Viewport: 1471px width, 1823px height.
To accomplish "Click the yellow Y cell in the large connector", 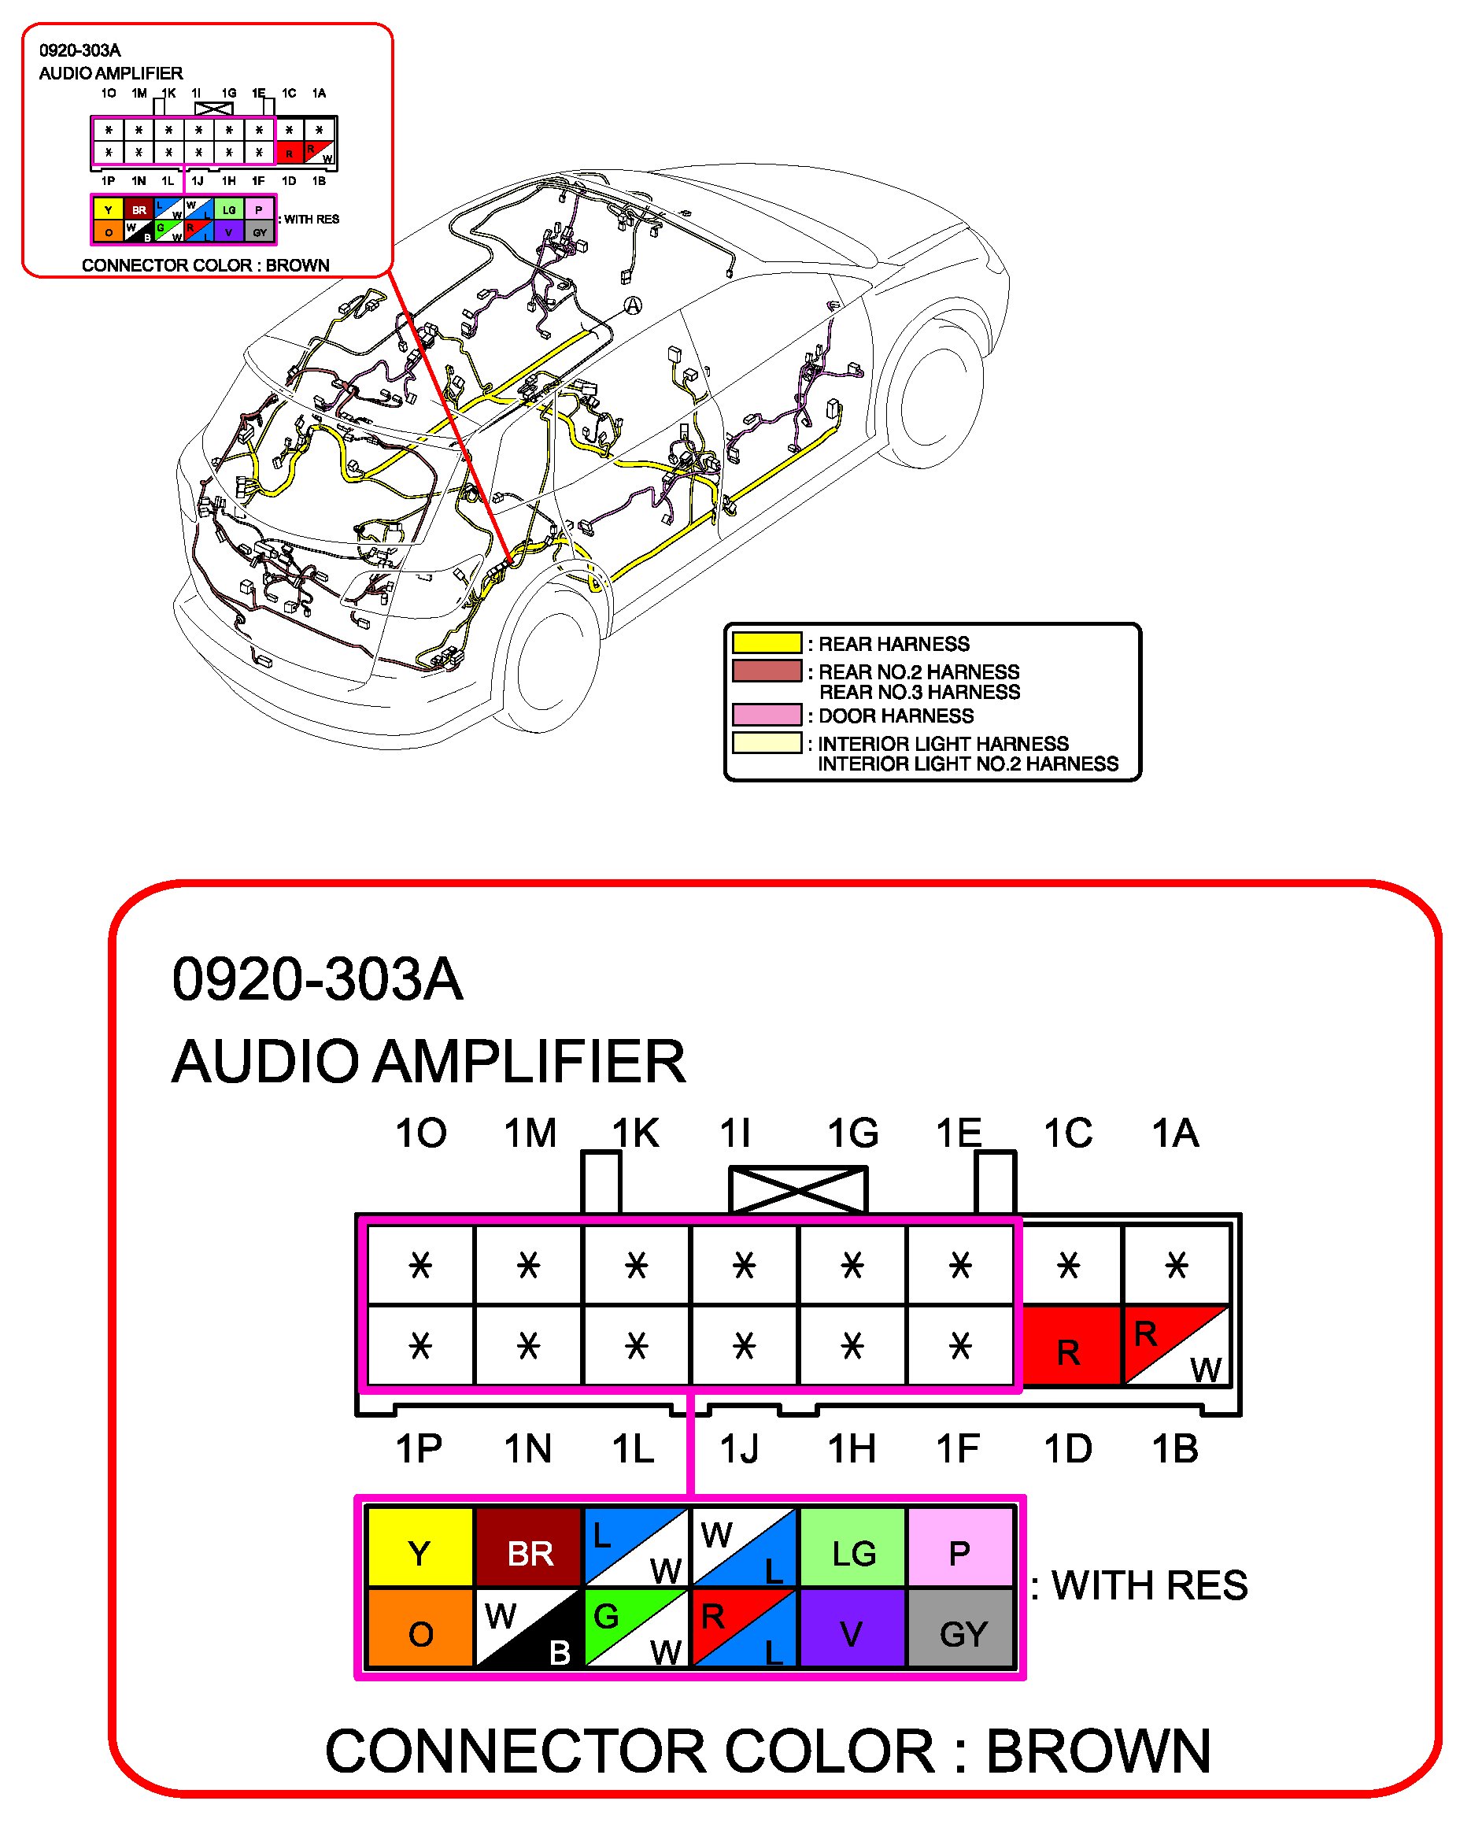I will (x=419, y=1553).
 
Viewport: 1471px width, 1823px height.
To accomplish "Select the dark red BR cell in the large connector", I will (x=529, y=1553).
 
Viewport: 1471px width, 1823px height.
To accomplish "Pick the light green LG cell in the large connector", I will (x=852, y=1553).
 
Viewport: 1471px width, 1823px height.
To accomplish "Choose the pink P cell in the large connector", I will (x=960, y=1553).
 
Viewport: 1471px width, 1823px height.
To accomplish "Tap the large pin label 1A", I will (x=1175, y=1134).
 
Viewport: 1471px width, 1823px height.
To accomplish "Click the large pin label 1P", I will (x=419, y=1450).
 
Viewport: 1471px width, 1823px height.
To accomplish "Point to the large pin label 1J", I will (x=739, y=1450).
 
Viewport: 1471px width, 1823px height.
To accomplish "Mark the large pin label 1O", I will (x=421, y=1134).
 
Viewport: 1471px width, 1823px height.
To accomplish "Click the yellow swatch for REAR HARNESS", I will (x=767, y=643).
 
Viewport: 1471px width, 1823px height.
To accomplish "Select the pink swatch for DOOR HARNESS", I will (x=767, y=716).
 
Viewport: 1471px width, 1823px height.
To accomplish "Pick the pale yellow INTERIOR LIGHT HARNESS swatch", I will (x=767, y=743).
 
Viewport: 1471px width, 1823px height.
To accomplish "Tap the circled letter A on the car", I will (x=633, y=306).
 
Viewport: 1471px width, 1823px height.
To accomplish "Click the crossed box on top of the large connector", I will (x=798, y=1190).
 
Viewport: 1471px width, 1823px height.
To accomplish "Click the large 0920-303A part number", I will (x=318, y=981).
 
